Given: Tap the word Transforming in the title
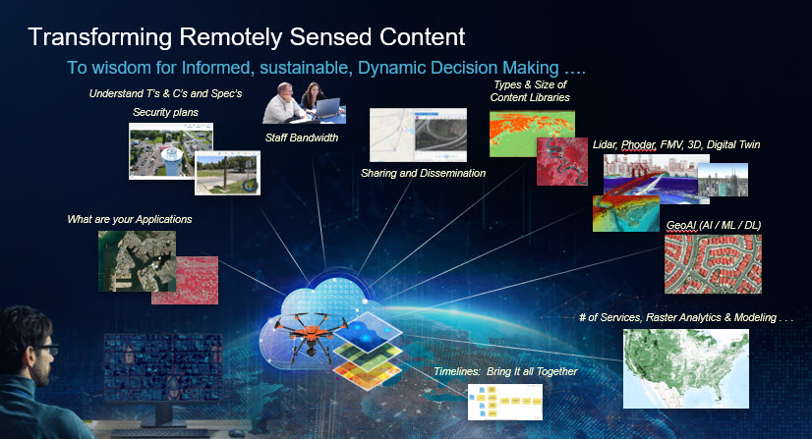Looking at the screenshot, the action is pos(99,37).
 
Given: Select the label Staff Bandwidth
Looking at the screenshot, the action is pos(302,137).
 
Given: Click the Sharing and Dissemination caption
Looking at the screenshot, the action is pos(423,173).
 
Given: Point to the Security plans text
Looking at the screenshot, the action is pos(165,112).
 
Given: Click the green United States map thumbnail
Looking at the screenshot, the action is pos(685,368).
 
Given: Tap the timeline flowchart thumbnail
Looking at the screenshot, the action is pos(505,402).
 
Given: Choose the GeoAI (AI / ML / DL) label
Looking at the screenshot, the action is pos(713,226).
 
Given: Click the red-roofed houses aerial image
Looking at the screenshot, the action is pos(713,264).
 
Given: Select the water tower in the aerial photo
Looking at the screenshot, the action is pos(170,160).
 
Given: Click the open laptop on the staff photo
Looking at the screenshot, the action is pos(326,109).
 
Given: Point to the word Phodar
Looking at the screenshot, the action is pos(639,144).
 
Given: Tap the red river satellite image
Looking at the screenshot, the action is pos(562,161).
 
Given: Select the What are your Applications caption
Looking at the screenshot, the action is pos(130,219).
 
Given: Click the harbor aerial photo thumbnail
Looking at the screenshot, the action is pos(137,261).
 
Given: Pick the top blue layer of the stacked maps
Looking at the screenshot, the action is pos(369,332).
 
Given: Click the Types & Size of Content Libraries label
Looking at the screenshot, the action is pos(530,91).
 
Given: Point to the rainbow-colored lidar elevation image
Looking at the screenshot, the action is pos(625,213).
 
